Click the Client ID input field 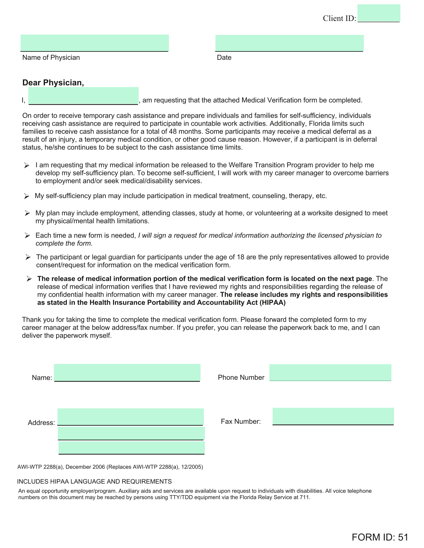378,13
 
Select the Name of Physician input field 94,43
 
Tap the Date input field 289,43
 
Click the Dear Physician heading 53,83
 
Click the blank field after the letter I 83,96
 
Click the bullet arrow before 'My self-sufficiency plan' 27,196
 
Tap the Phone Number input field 330,373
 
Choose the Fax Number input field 333,416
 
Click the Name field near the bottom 127,373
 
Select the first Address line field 130,417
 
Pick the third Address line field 131,447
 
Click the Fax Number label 241,422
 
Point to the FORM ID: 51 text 380,537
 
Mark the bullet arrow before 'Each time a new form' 27,236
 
